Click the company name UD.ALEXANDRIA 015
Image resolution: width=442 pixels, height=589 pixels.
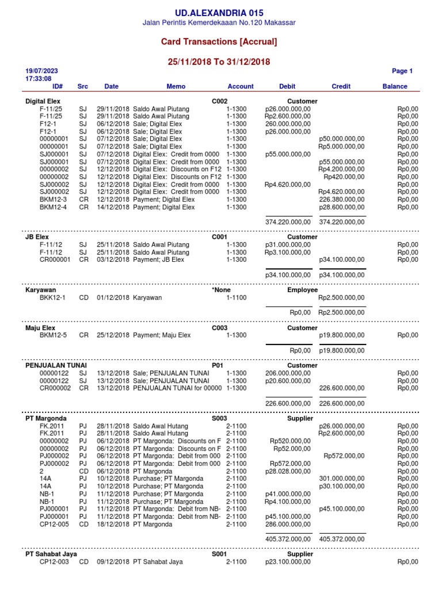219,13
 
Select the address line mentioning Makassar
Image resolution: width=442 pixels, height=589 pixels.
219,23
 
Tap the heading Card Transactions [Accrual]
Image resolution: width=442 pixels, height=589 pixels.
219,42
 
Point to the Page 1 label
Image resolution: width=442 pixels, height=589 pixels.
402,71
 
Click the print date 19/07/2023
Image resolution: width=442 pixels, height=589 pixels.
41,71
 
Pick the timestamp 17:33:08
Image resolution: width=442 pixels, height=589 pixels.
39,79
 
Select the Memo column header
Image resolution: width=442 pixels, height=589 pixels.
176,86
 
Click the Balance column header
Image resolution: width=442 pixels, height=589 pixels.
394,86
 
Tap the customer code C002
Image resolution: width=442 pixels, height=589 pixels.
220,101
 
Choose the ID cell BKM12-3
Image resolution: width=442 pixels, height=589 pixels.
53,199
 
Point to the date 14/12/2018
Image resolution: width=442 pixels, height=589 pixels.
113,207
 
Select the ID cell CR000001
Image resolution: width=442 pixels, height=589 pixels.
55,259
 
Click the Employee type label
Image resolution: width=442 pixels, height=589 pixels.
302,290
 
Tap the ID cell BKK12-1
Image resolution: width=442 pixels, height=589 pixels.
52,297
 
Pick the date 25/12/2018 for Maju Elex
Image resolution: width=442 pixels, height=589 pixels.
113,335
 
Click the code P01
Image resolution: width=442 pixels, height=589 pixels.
217,365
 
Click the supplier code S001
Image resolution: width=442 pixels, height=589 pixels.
219,554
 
